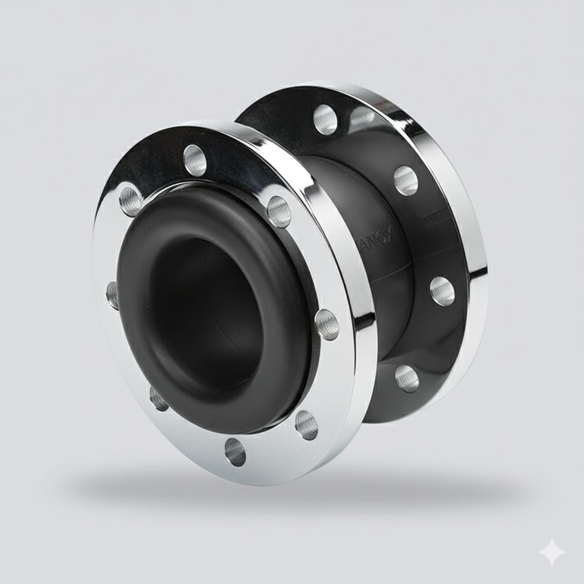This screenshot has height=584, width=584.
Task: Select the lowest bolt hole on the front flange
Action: [234, 451]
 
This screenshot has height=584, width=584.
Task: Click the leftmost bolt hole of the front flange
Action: [113, 294]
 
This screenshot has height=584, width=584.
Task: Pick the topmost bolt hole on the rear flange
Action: [325, 119]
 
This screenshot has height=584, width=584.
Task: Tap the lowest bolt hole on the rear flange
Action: [407, 378]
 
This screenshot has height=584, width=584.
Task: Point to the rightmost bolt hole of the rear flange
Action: [442, 291]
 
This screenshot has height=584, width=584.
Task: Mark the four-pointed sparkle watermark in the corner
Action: [553, 553]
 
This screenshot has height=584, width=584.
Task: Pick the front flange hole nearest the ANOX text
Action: [279, 210]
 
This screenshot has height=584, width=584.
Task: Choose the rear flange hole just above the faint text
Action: [405, 180]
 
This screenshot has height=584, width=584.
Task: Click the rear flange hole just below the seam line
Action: [442, 291]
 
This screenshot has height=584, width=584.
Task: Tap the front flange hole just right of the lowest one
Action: [306, 424]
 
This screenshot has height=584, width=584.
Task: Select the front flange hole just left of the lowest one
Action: [159, 399]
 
